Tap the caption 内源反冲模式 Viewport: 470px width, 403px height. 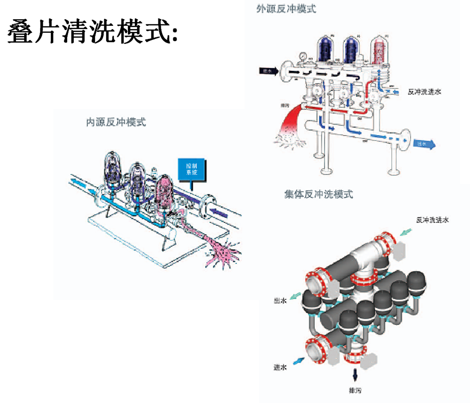116,123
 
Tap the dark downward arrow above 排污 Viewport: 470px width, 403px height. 355,374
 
